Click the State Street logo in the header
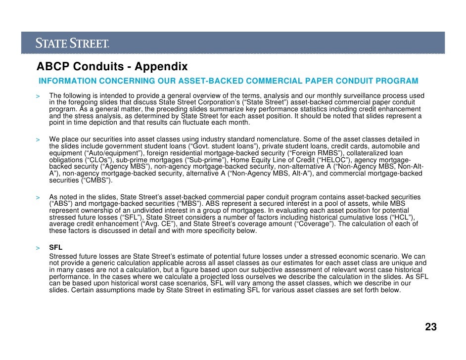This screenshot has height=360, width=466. point(72,44)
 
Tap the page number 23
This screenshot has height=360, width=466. point(430,327)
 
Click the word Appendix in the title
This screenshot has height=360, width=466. point(161,66)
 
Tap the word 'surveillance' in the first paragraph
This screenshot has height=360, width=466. point(362,95)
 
